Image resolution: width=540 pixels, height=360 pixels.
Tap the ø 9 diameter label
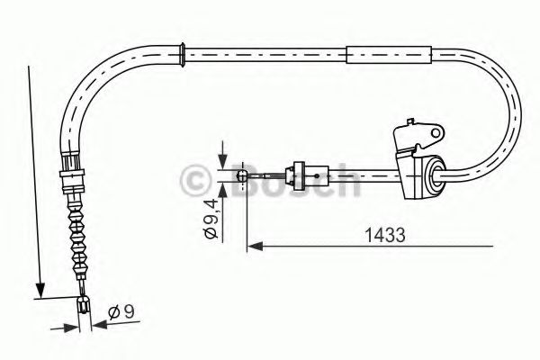coord(121,313)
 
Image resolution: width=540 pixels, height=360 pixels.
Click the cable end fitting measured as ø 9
coord(84,306)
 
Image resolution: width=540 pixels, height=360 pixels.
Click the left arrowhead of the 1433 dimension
coord(255,245)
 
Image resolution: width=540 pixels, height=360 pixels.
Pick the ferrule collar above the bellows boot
coord(70,170)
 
